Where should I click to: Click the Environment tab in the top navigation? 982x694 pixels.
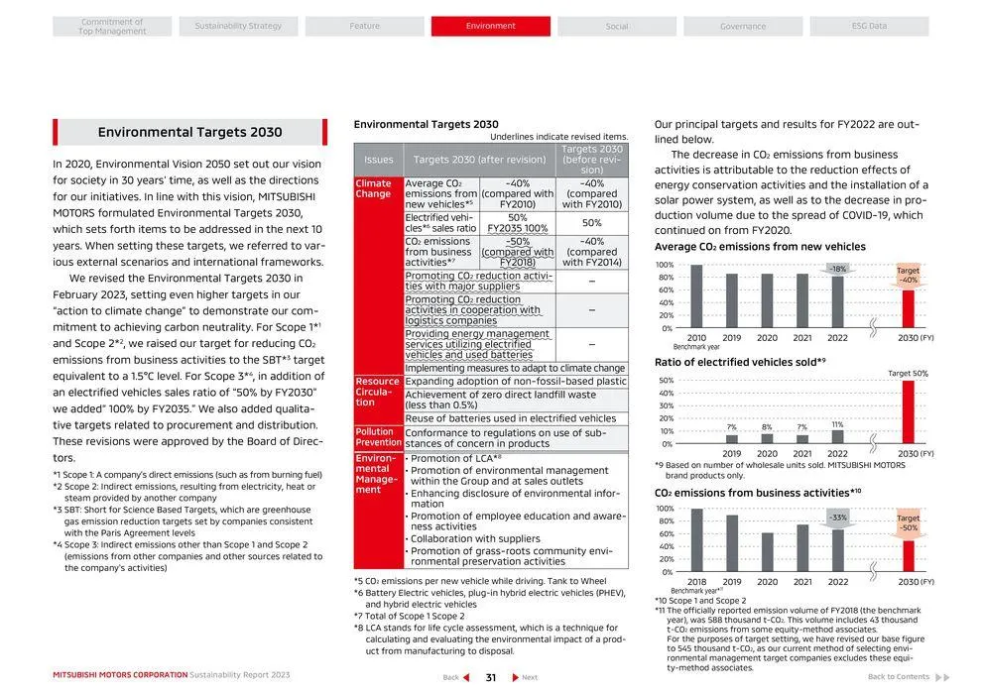490,26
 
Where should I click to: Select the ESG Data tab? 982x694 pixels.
869,26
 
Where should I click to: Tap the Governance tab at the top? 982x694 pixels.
743,26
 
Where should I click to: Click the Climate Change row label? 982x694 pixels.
374,188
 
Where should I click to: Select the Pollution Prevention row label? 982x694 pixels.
378,437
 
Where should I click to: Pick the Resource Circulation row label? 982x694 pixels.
378,392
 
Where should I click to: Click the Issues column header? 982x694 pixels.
378,160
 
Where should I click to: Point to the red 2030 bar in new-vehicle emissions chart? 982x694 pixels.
908,308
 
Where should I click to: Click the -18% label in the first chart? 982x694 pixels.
838,269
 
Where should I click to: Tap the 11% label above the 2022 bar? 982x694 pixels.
837,424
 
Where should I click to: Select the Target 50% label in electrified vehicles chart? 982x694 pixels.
908,373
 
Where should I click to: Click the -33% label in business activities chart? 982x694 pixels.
838,518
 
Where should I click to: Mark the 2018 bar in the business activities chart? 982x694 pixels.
696,540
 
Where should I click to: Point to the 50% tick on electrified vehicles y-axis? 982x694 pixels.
666,381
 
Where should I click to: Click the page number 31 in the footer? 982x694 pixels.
490,678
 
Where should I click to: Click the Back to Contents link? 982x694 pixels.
899,677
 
